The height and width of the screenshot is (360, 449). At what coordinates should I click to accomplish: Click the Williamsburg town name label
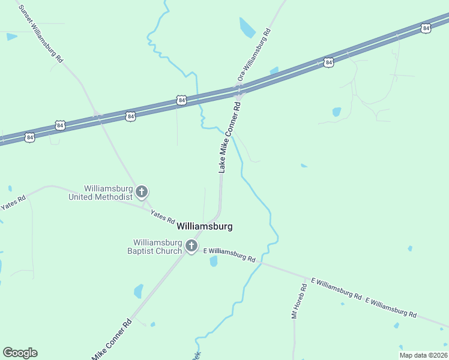pyautogui.click(x=204, y=226)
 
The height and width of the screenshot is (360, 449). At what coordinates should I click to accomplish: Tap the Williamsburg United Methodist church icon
pyautogui.click(x=142, y=192)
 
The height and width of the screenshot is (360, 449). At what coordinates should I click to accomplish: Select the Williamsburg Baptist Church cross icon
pyautogui.click(x=191, y=245)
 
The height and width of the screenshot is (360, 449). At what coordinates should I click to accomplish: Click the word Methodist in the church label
pyautogui.click(x=115, y=197)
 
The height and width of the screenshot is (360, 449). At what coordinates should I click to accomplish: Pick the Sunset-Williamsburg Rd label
pyautogui.click(x=41, y=34)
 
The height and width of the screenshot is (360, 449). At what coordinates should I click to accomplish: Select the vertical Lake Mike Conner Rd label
pyautogui.click(x=229, y=138)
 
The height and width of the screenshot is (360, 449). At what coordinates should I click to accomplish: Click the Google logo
pyautogui.click(x=20, y=353)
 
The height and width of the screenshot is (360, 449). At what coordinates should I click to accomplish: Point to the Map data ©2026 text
pyautogui.click(x=423, y=355)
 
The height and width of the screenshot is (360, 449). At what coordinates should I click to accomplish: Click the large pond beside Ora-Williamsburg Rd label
pyautogui.click(x=247, y=28)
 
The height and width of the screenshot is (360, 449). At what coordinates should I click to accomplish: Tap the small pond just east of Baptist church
pyautogui.click(x=214, y=261)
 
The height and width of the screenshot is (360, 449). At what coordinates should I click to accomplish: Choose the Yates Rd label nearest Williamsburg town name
pyautogui.click(x=162, y=215)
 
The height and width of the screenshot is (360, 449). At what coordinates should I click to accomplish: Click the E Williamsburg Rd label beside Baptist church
pyautogui.click(x=230, y=254)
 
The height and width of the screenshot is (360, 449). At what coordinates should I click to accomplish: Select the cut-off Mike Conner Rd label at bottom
pyautogui.click(x=112, y=340)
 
